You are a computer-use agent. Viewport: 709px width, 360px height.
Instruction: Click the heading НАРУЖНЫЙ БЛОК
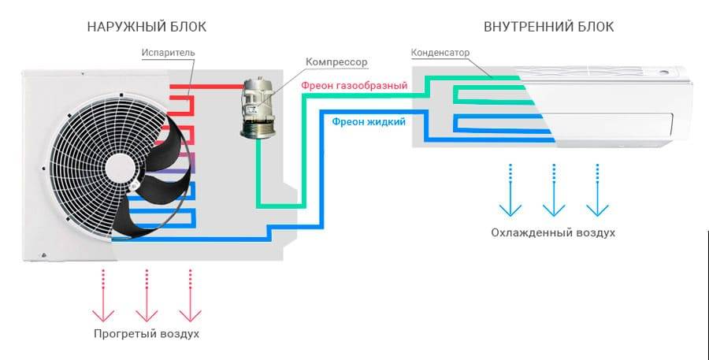147,27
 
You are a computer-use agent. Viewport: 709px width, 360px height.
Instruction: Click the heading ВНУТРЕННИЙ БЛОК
548,27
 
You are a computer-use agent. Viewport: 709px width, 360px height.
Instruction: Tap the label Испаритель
169,53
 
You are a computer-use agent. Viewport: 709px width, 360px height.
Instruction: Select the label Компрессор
336,62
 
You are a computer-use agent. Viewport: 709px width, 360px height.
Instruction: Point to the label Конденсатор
440,53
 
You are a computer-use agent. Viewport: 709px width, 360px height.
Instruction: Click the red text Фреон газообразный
354,86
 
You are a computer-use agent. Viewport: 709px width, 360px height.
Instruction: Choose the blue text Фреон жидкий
369,121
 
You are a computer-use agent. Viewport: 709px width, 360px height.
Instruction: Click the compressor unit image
257,108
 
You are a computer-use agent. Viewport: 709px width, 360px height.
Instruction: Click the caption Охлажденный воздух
553,233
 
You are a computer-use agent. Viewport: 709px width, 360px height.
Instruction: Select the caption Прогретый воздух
147,334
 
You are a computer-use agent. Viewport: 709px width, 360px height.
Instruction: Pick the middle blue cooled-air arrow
554,190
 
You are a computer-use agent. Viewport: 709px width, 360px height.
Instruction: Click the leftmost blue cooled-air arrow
510,190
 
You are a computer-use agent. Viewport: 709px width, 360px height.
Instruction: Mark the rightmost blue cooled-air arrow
597,190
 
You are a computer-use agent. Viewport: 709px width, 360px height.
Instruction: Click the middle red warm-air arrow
147,295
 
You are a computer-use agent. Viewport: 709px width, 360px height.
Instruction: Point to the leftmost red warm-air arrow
103,295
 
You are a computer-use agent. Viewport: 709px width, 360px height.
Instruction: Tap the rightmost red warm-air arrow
190,295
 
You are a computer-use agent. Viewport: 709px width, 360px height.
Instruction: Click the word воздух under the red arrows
179,334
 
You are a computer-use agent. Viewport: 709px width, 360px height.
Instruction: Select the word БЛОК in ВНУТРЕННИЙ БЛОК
593,27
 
